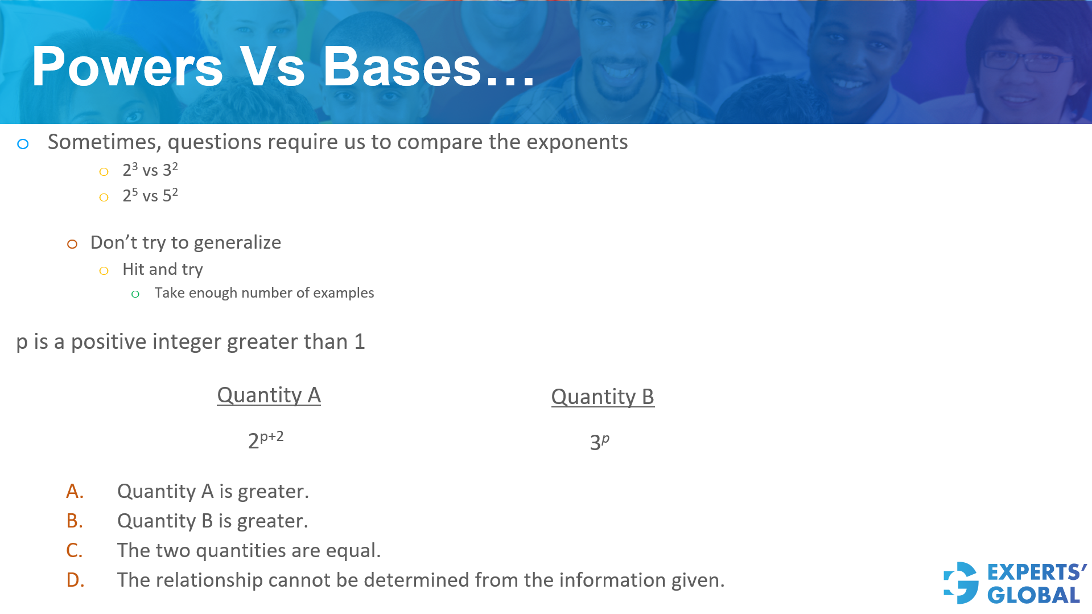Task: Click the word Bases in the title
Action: point(402,67)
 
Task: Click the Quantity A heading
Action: point(269,395)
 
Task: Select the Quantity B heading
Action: point(603,397)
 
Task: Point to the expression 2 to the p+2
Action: point(266,440)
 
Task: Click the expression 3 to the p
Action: point(599,442)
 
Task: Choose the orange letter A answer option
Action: point(75,491)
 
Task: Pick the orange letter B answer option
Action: point(75,521)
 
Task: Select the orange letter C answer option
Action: point(75,550)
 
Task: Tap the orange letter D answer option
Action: point(75,580)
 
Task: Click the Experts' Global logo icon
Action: point(961,583)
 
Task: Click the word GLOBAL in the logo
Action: point(1033,595)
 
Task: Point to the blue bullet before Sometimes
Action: point(23,144)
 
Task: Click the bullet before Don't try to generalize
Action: point(72,244)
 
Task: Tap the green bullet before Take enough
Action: point(135,294)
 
